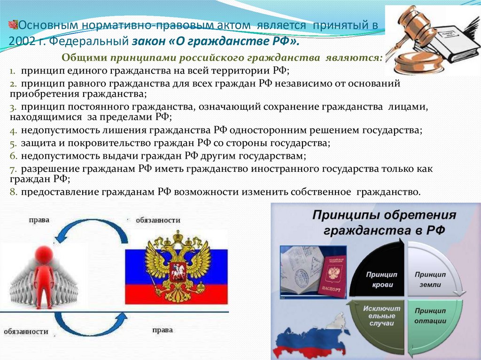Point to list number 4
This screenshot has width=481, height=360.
coord(13,130)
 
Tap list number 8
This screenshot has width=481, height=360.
coord(13,191)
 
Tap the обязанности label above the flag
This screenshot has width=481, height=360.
coord(158,220)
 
